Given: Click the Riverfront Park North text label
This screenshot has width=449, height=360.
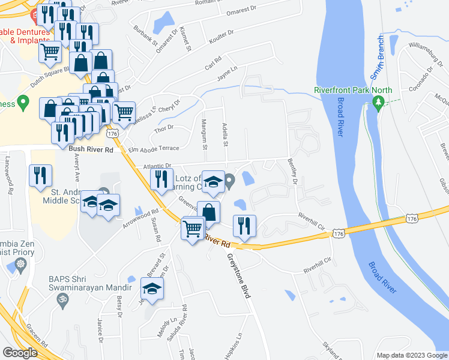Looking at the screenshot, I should coord(353,91).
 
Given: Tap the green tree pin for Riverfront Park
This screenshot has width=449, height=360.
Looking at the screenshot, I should coord(378,104).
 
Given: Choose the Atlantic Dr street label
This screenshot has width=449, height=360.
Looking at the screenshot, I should coord(157,166).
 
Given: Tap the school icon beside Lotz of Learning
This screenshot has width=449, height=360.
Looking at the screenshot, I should coord(213,182).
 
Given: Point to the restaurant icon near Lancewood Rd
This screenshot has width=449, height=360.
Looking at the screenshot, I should coord(40,175).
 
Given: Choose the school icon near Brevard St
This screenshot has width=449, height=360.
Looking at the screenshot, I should coord(152,289).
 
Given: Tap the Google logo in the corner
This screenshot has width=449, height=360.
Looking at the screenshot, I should coord(20,353).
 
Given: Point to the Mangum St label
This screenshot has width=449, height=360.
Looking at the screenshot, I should coord(204,137).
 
